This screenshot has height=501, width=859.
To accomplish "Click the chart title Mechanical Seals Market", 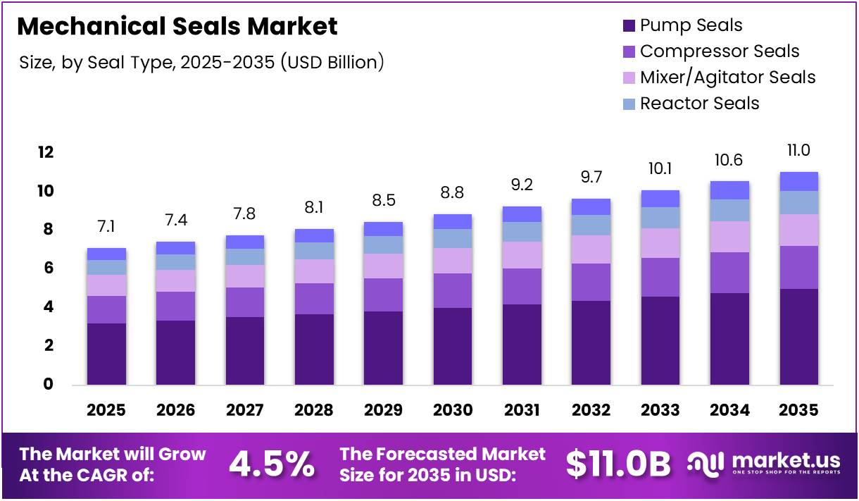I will pos(177,26).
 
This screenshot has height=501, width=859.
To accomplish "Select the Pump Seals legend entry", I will pos(691,26).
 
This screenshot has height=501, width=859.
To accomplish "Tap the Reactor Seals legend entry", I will pos(699,104).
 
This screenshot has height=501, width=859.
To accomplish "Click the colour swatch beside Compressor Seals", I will pos(629,51).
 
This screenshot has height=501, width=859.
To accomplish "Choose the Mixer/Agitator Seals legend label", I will pos(727,78).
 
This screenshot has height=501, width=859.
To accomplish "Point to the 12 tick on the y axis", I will pos(46,152).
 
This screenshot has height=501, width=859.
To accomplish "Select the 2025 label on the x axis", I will pos(106,410).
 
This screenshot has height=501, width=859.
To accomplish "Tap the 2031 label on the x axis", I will pos(522,410).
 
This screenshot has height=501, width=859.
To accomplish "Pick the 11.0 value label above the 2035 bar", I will pos(798,150).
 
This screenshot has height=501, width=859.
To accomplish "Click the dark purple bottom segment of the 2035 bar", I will pos(798,337).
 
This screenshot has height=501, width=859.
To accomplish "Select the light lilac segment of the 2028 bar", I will pos(314,271).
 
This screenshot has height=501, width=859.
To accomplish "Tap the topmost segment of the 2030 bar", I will pos(453,221).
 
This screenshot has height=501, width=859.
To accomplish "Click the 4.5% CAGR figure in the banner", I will pos(272,464).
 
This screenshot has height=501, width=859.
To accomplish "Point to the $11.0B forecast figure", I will pos(617,464).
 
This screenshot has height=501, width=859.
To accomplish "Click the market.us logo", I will pos(764,464).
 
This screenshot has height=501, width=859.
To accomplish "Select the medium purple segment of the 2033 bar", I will pos(660,277).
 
